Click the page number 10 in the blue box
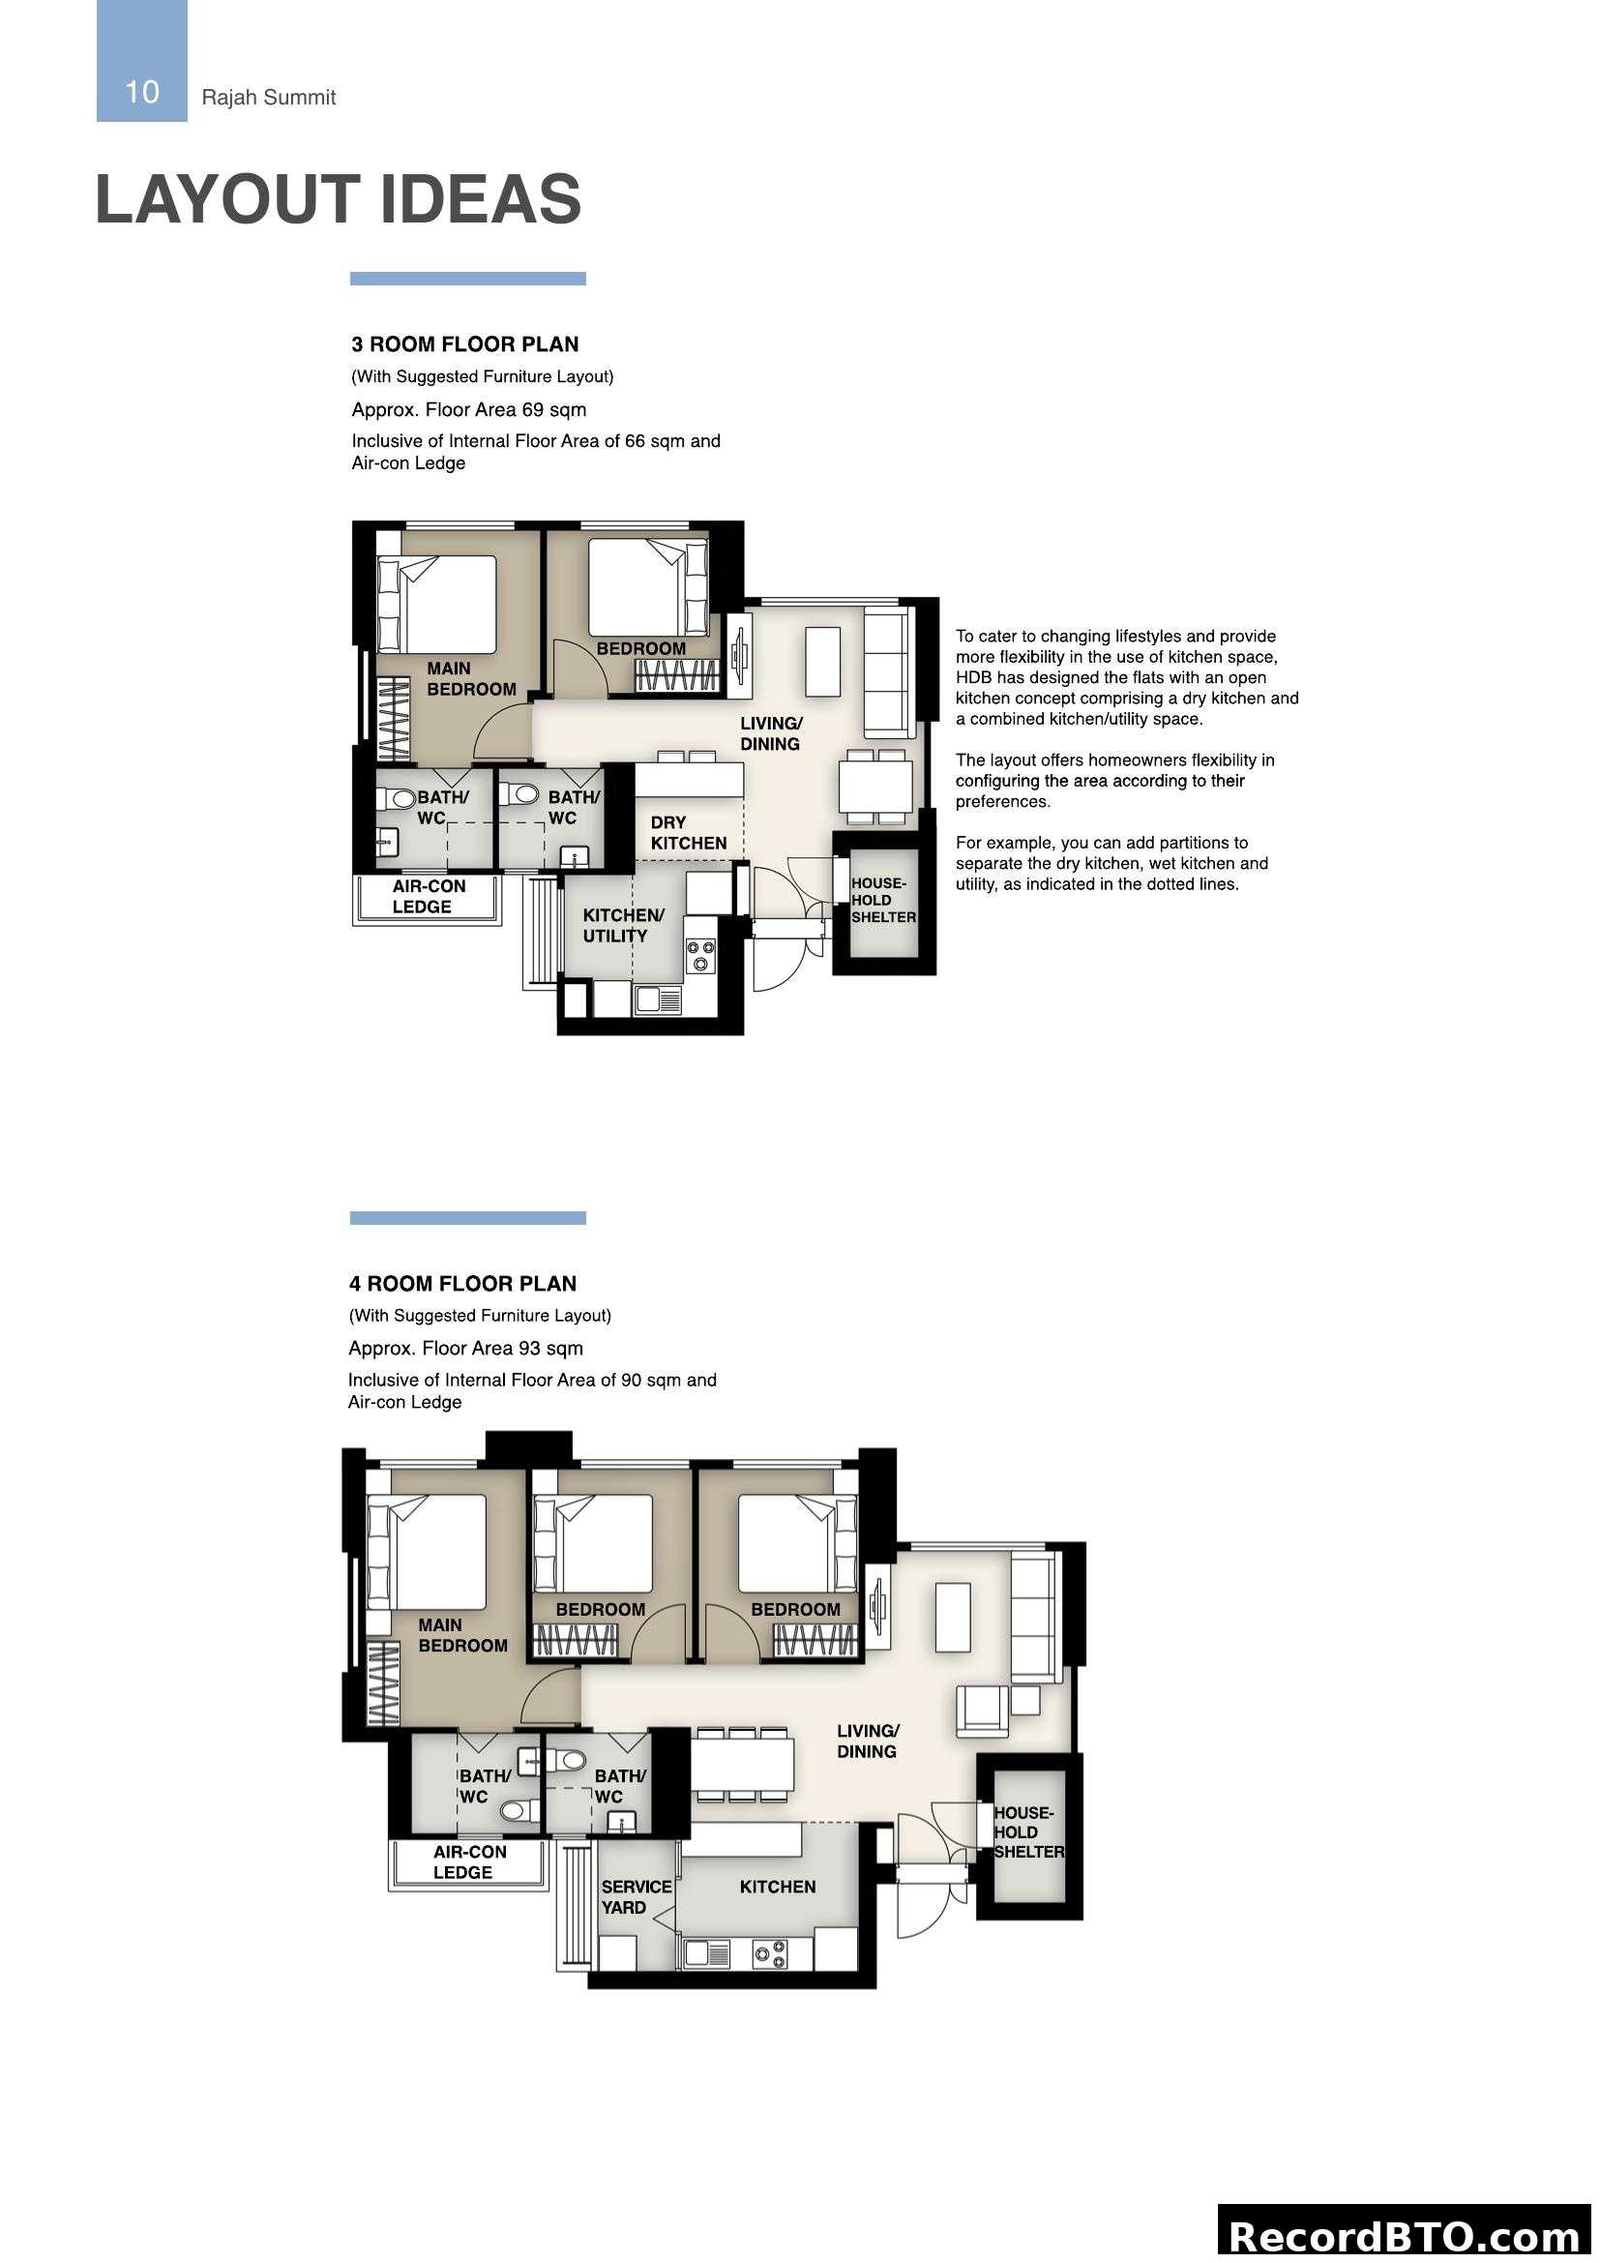click(x=142, y=92)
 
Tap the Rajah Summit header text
click(x=268, y=98)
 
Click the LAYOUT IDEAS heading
click(x=338, y=199)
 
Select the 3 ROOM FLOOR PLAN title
click(x=465, y=344)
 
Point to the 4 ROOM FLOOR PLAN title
click(x=462, y=1283)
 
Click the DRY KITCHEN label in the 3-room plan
click(x=688, y=833)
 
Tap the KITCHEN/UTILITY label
click(x=623, y=926)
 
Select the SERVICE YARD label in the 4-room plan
click(x=636, y=1897)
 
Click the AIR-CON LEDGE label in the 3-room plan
click(x=428, y=896)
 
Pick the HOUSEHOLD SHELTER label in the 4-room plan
click(x=1027, y=1832)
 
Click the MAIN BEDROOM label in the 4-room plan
click(x=461, y=1635)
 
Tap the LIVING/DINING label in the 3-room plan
click(x=770, y=733)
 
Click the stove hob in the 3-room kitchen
click(x=700, y=955)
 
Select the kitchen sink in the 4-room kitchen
click(x=705, y=1953)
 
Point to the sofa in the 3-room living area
click(x=886, y=673)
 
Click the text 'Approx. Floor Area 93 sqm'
click(x=465, y=1348)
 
